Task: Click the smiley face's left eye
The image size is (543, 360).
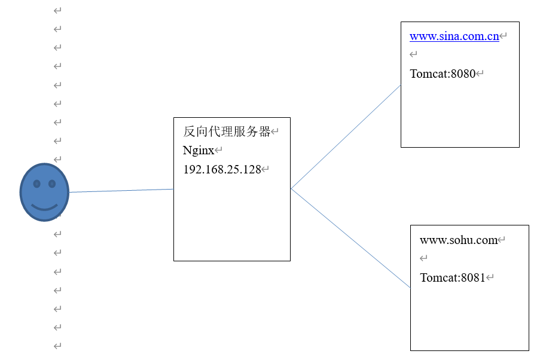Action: click(x=37, y=184)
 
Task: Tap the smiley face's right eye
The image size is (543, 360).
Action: click(x=52, y=184)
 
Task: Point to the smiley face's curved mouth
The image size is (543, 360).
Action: click(x=44, y=208)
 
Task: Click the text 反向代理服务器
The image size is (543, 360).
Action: click(x=227, y=132)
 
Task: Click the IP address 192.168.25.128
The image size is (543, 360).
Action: click(x=222, y=170)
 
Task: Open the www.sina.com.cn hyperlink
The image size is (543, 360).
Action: click(x=454, y=36)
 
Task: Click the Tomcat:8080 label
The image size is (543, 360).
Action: click(x=442, y=74)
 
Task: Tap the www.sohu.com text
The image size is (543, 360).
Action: click(x=458, y=240)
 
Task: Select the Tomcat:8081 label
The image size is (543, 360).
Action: click(x=452, y=278)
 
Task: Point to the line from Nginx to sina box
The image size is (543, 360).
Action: click(x=346, y=137)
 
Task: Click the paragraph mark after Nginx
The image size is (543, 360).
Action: click(x=219, y=151)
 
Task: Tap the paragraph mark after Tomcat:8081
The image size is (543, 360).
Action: click(x=490, y=278)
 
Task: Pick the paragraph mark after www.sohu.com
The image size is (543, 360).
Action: click(x=502, y=240)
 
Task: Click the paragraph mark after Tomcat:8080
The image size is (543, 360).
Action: click(x=480, y=74)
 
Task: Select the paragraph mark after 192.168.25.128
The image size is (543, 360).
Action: click(x=266, y=170)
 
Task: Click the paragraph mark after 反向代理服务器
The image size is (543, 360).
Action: click(x=275, y=132)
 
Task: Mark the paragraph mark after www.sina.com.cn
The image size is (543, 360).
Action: click(x=504, y=36)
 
